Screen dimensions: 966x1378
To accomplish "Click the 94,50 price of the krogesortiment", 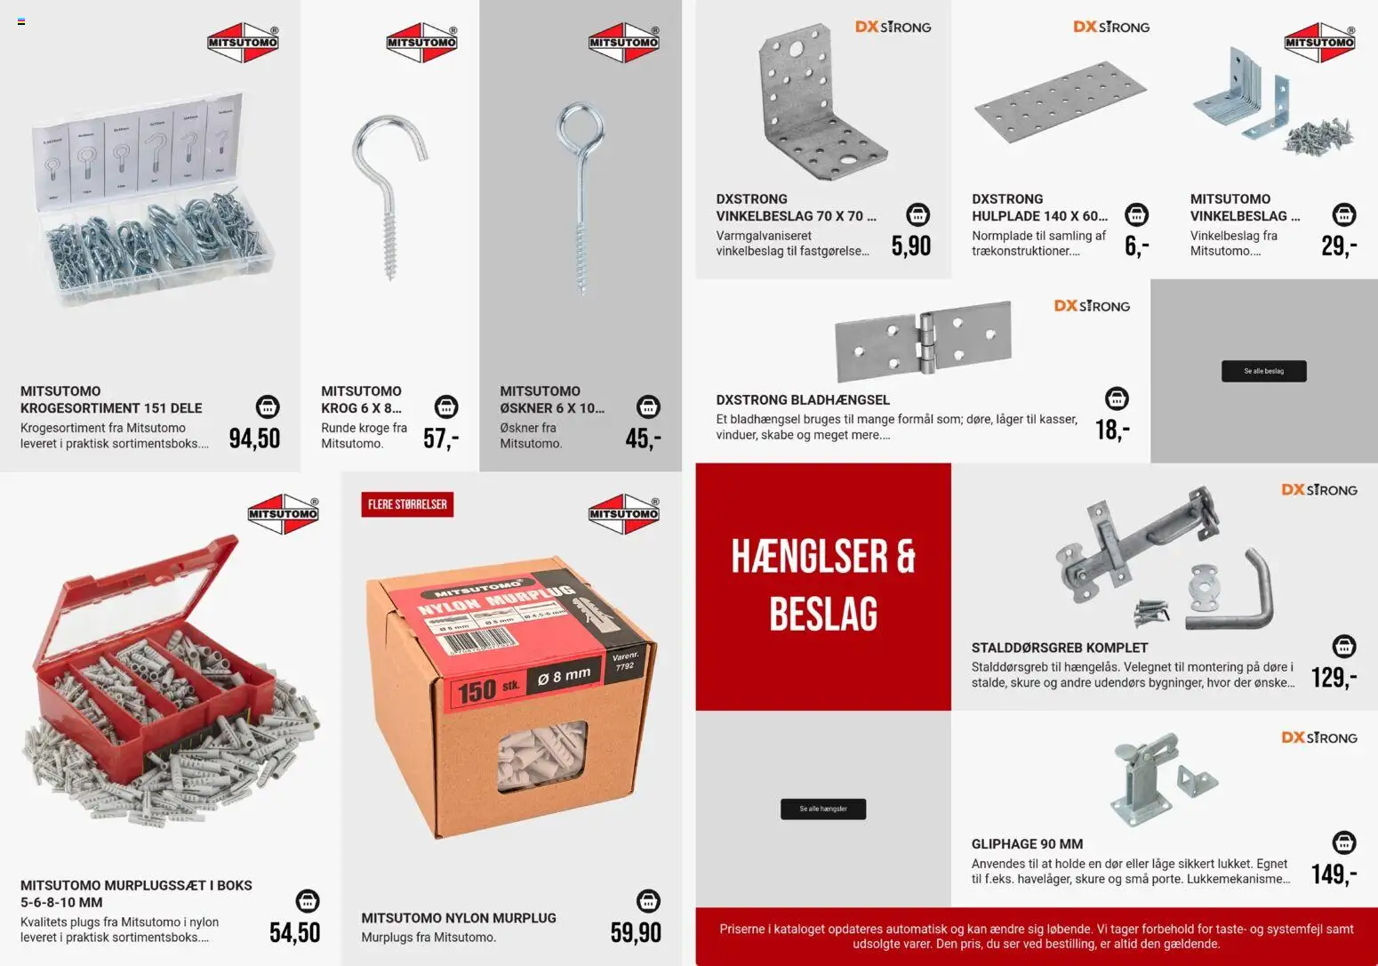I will (x=254, y=439).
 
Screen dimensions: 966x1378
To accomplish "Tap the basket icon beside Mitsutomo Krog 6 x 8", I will (x=446, y=407).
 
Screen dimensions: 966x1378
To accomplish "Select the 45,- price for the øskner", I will (x=643, y=439).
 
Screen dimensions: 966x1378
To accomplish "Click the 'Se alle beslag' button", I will (x=1263, y=371).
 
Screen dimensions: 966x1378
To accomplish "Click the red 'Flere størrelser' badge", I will (x=407, y=504).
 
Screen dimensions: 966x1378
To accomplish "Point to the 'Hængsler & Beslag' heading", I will (x=822, y=584).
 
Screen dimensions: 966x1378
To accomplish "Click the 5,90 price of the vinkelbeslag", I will (x=911, y=246).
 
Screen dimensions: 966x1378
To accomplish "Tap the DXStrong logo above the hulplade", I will (x=1111, y=27).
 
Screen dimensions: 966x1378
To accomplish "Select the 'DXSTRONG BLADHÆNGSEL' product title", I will (x=802, y=400).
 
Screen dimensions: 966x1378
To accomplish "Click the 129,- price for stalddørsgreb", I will (x=1334, y=678).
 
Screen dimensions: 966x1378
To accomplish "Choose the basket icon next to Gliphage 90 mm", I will (x=1344, y=841).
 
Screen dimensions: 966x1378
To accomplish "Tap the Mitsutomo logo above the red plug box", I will (x=283, y=514).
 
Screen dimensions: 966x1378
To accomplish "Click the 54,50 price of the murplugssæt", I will (x=294, y=932).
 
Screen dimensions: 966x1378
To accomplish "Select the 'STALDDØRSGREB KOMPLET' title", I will (x=1059, y=648).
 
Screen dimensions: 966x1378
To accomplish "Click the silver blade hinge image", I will (x=923, y=341).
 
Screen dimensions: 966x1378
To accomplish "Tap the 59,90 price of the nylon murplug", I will (x=636, y=932).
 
